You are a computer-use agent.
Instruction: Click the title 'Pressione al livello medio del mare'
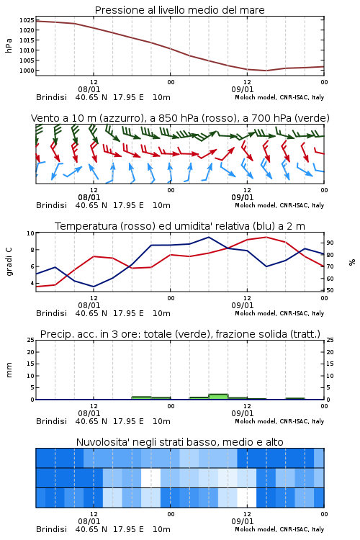pyautogui.click(x=179, y=10)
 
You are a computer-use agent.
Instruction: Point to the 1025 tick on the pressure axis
pyautogui.click(x=27, y=20)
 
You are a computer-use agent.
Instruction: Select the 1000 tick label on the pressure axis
pyautogui.click(x=27, y=71)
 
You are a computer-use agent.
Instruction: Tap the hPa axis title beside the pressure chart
pyautogui.click(x=9, y=45)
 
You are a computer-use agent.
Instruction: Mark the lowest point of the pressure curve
pyautogui.click(x=266, y=71)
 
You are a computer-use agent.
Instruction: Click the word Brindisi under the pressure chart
pyautogui.click(x=51, y=97)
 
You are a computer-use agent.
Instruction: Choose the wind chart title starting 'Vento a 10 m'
pyautogui.click(x=180, y=118)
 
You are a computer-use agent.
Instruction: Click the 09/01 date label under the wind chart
pyautogui.click(x=243, y=198)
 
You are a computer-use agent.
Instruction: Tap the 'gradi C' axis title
pyautogui.click(x=9, y=261)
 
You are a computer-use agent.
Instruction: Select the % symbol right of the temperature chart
pyautogui.click(x=352, y=262)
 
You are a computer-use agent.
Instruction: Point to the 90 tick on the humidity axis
pyautogui.click(x=330, y=243)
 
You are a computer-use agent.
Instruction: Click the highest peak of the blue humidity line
pyautogui.click(x=208, y=237)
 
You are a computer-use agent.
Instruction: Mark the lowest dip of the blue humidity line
pyautogui.click(x=94, y=287)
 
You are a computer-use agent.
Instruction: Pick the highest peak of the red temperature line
pyautogui.click(x=266, y=237)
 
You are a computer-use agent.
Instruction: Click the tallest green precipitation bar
pyautogui.click(x=218, y=397)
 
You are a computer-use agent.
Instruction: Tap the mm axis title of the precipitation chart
pyautogui.click(x=9, y=370)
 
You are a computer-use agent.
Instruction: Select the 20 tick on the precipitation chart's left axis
pyautogui.click(x=31, y=352)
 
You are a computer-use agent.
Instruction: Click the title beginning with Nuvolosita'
pyautogui.click(x=179, y=442)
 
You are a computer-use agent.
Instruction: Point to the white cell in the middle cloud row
pyautogui.click(x=151, y=477)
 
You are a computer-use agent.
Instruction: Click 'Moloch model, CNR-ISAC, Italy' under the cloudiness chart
pyautogui.click(x=279, y=529)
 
